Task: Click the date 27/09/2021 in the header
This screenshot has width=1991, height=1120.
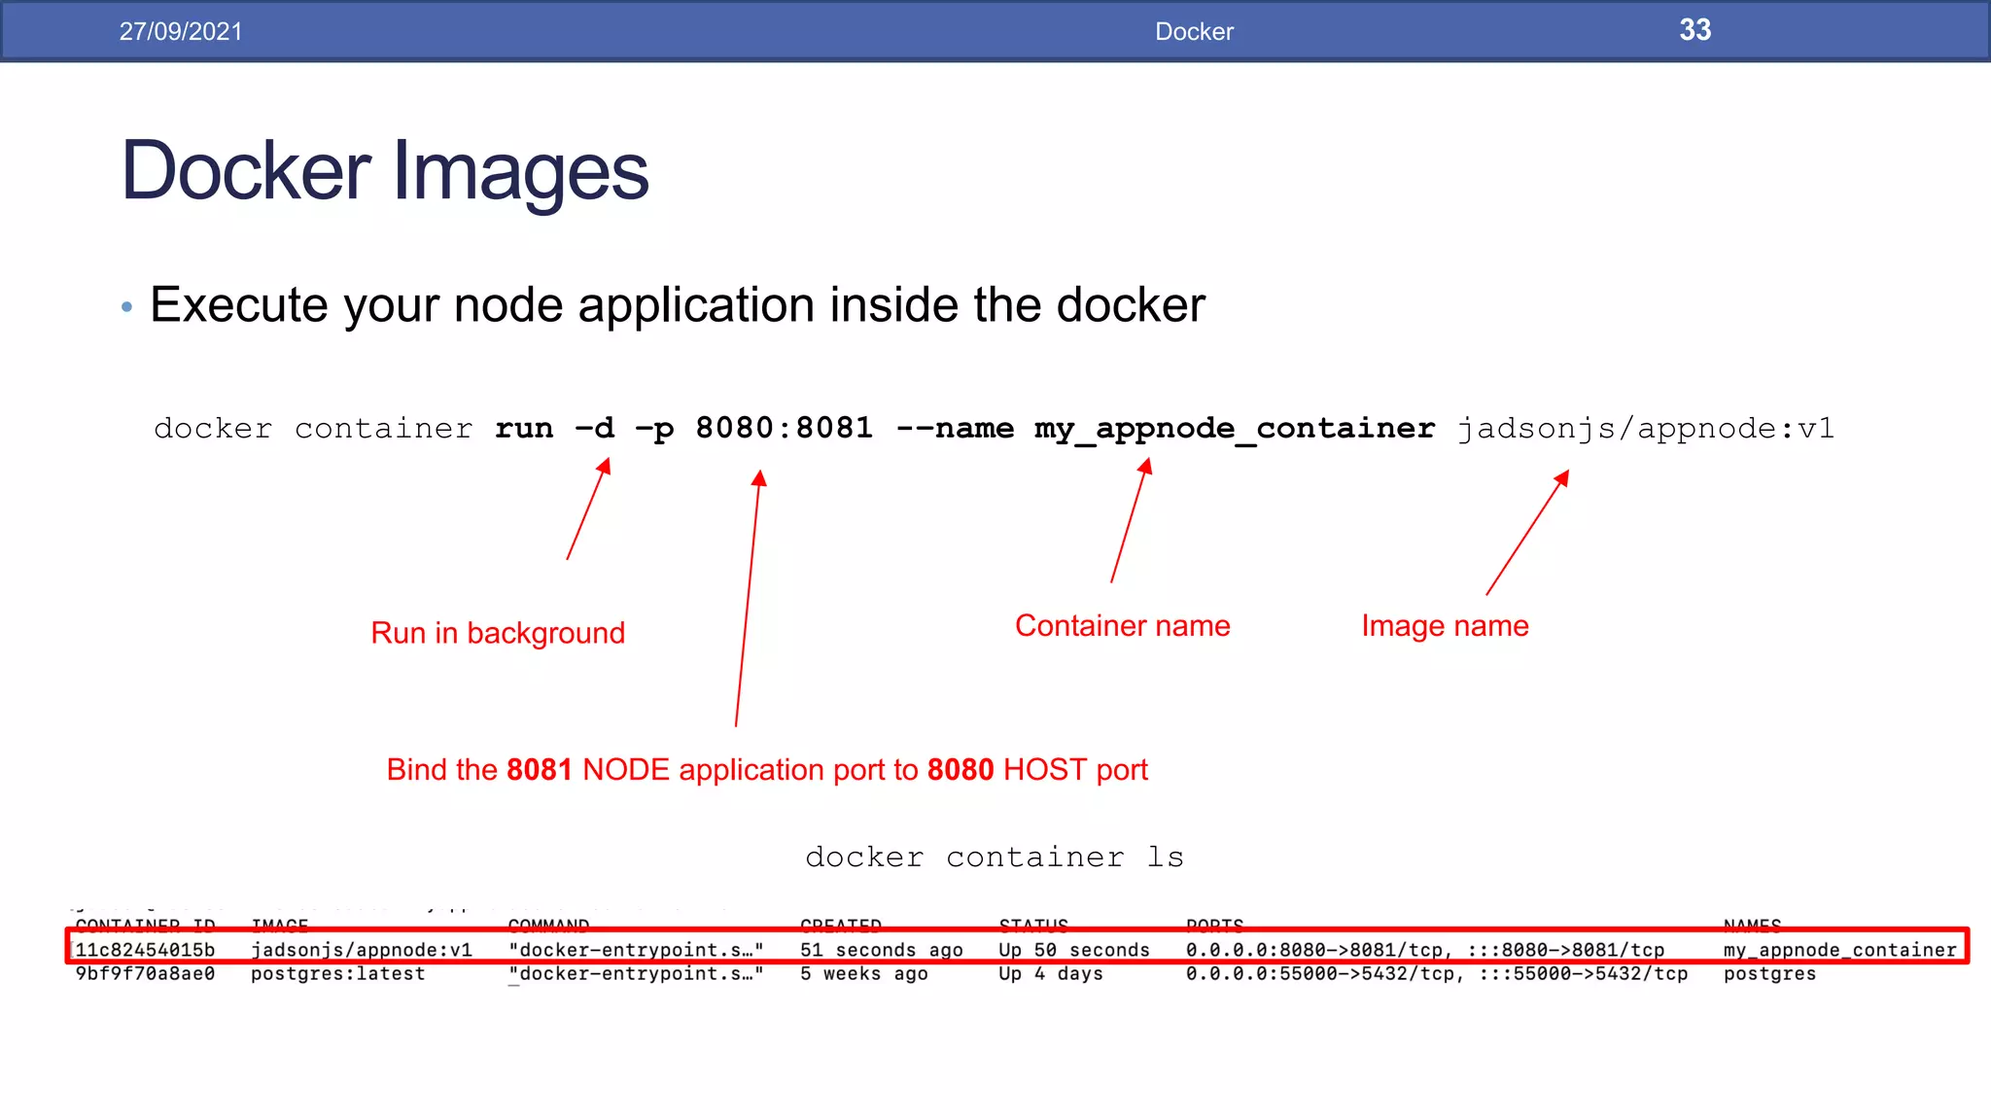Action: point(181,31)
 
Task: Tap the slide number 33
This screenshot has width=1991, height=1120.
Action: point(1694,30)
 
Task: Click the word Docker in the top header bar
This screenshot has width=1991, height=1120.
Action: point(1194,31)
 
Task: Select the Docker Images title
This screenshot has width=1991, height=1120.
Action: point(385,171)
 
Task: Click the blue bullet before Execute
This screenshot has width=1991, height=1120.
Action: point(126,307)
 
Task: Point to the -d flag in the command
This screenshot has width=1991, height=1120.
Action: point(595,428)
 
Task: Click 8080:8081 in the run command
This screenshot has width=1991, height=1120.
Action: point(784,428)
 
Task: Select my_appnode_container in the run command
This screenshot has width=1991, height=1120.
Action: point(1234,429)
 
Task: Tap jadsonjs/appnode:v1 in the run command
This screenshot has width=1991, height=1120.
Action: point(1645,428)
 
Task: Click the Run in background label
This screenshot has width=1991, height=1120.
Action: point(498,633)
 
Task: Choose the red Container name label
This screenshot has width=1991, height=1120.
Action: point(1122,626)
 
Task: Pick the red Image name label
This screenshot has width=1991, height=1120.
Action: point(1445,626)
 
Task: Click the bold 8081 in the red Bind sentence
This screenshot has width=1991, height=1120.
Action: point(539,770)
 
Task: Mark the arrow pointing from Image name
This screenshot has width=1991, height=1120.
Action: point(1526,533)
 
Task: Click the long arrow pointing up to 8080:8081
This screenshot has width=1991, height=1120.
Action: point(748,598)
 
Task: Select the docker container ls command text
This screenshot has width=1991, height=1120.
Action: point(995,857)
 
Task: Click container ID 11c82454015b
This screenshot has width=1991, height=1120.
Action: point(145,950)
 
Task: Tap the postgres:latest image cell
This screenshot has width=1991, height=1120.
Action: point(337,974)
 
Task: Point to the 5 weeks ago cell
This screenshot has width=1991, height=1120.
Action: point(863,974)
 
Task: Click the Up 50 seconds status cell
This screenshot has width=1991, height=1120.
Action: point(1073,950)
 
